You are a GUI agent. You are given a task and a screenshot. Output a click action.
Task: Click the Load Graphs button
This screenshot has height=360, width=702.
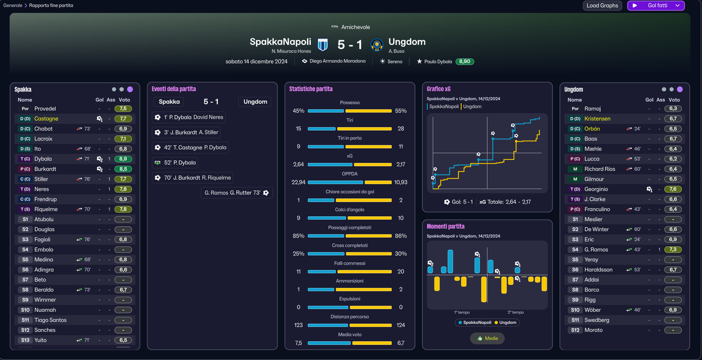click(x=602, y=5)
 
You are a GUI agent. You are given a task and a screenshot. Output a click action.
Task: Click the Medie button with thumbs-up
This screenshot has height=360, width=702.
click(x=488, y=339)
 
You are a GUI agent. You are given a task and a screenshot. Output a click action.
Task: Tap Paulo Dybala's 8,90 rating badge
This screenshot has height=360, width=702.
click(x=465, y=61)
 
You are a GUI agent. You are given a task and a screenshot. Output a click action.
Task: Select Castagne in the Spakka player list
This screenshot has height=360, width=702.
click(x=47, y=119)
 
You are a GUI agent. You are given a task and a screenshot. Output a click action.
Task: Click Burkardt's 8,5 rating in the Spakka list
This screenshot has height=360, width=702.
click(x=123, y=169)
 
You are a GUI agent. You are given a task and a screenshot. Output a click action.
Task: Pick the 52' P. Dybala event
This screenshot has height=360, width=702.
click(x=175, y=162)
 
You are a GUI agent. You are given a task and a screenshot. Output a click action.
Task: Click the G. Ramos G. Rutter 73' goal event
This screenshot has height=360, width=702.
click(x=236, y=193)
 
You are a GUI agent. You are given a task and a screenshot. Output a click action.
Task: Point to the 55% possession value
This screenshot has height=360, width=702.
click(x=401, y=111)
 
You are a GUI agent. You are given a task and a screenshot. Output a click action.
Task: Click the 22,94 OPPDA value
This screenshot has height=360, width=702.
click(x=298, y=182)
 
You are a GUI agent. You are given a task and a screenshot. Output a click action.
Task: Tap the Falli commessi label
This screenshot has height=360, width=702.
click(x=349, y=263)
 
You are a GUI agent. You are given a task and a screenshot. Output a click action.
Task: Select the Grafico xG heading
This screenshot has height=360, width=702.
click(x=438, y=89)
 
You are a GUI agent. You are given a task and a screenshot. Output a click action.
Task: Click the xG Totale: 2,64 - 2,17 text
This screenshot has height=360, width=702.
click(x=505, y=202)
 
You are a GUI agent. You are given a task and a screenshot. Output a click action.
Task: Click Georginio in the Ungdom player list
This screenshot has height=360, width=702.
click(x=596, y=189)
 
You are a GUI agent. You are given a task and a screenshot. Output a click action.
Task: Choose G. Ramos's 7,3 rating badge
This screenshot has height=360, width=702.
click(x=673, y=250)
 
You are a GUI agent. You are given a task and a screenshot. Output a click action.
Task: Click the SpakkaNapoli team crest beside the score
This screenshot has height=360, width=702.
click(x=323, y=44)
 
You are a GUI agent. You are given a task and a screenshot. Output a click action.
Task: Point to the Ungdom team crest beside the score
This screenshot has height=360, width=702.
click(x=377, y=45)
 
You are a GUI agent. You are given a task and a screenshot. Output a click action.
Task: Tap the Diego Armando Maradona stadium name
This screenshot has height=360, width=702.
click(x=337, y=61)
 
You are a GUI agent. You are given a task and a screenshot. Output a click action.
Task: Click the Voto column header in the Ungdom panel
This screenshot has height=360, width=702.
click(x=674, y=100)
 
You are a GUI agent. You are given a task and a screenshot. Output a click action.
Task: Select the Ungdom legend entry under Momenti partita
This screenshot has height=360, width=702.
click(x=505, y=322)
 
